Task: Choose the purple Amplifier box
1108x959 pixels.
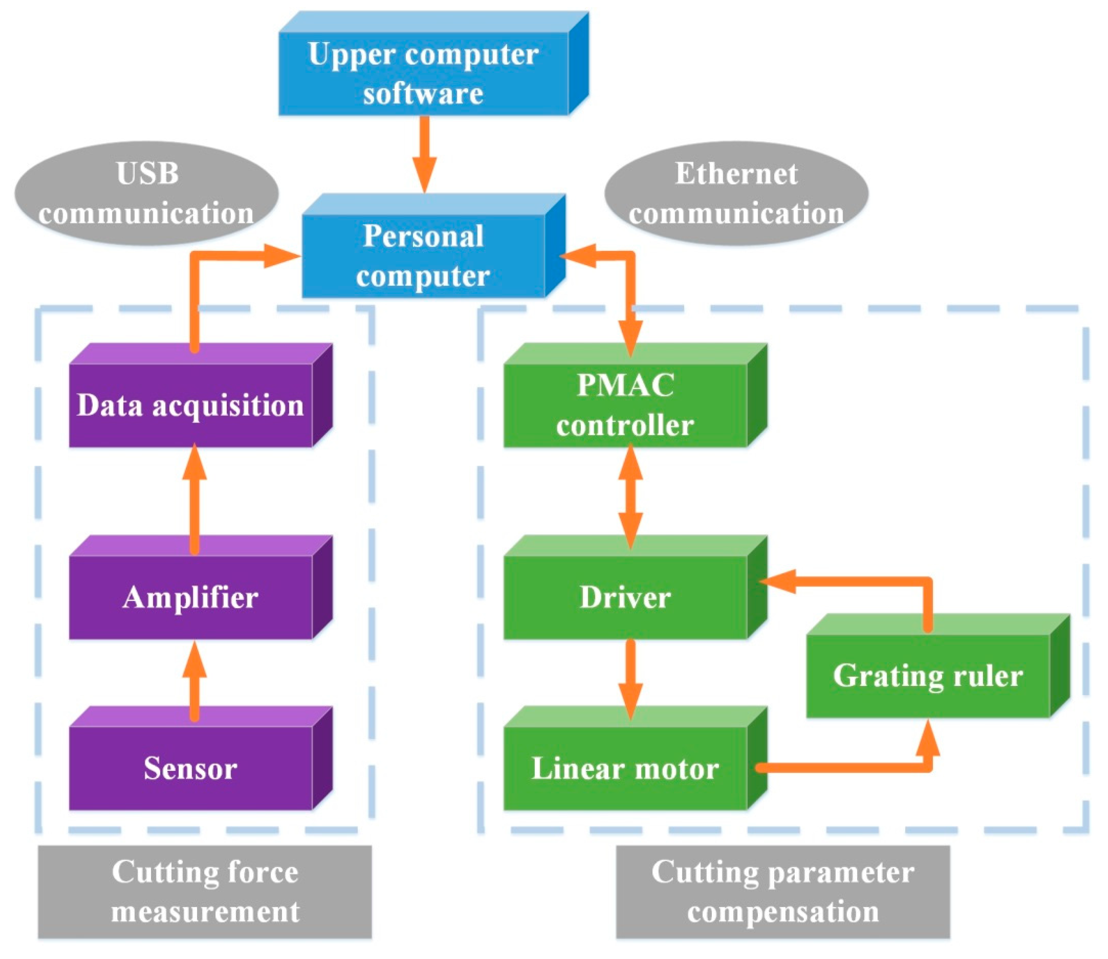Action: [200, 587]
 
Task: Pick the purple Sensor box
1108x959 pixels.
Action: [200, 758]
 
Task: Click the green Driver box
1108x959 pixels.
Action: [636, 587]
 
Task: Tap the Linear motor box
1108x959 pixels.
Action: [636, 758]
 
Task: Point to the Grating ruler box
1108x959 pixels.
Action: [938, 666]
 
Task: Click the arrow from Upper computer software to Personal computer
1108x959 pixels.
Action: [424, 154]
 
